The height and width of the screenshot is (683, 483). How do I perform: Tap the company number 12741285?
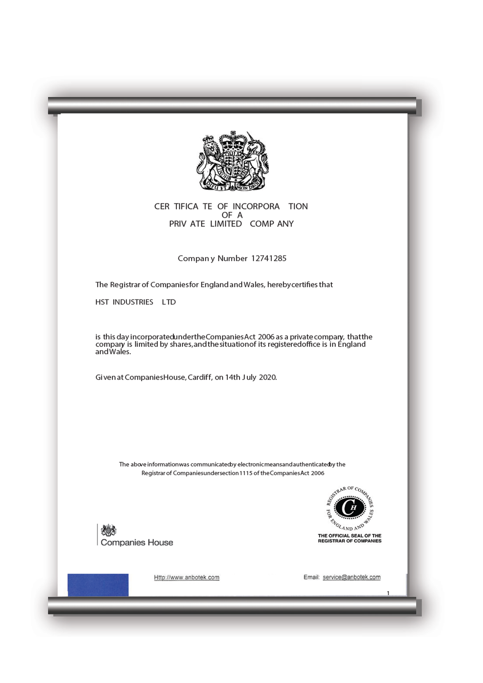coord(268,258)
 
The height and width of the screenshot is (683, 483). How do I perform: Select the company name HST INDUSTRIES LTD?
coord(135,302)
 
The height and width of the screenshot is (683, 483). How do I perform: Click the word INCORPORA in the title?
coord(256,207)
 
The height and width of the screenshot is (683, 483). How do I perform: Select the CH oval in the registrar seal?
coord(350,507)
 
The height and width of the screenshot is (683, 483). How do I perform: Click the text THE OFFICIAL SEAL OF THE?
coord(349,535)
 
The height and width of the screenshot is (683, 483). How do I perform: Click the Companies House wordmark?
coord(137,542)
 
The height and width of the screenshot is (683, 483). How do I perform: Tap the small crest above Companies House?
coord(109,530)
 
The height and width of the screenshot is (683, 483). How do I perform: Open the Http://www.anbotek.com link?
coord(187,577)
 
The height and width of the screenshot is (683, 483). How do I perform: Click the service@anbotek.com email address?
coord(351,577)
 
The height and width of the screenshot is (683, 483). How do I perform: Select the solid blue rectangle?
coord(98,585)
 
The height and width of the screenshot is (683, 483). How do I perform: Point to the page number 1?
coord(388,593)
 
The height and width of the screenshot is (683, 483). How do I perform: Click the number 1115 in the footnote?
coord(246,473)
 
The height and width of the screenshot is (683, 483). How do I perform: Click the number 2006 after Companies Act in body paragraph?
coord(266,337)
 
